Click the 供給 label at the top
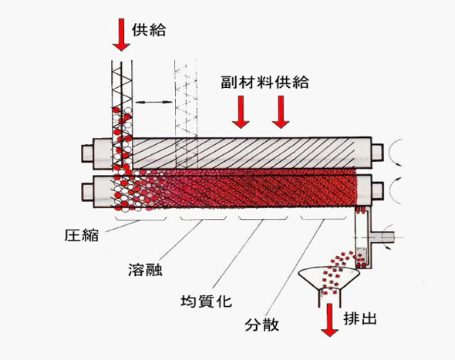point(149,30)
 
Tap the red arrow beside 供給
point(121,35)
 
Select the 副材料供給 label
point(265,82)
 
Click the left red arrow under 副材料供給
point(241,112)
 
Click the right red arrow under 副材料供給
point(281,112)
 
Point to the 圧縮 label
point(82,235)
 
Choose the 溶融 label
point(146,269)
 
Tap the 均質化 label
point(207,301)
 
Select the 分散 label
point(261,325)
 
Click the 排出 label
point(360,318)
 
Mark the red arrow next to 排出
point(329,320)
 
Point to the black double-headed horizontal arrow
point(153,102)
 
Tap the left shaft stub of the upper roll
point(88,153)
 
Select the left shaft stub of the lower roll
point(88,191)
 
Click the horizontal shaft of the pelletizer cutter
point(383,237)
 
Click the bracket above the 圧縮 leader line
point(140,219)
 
